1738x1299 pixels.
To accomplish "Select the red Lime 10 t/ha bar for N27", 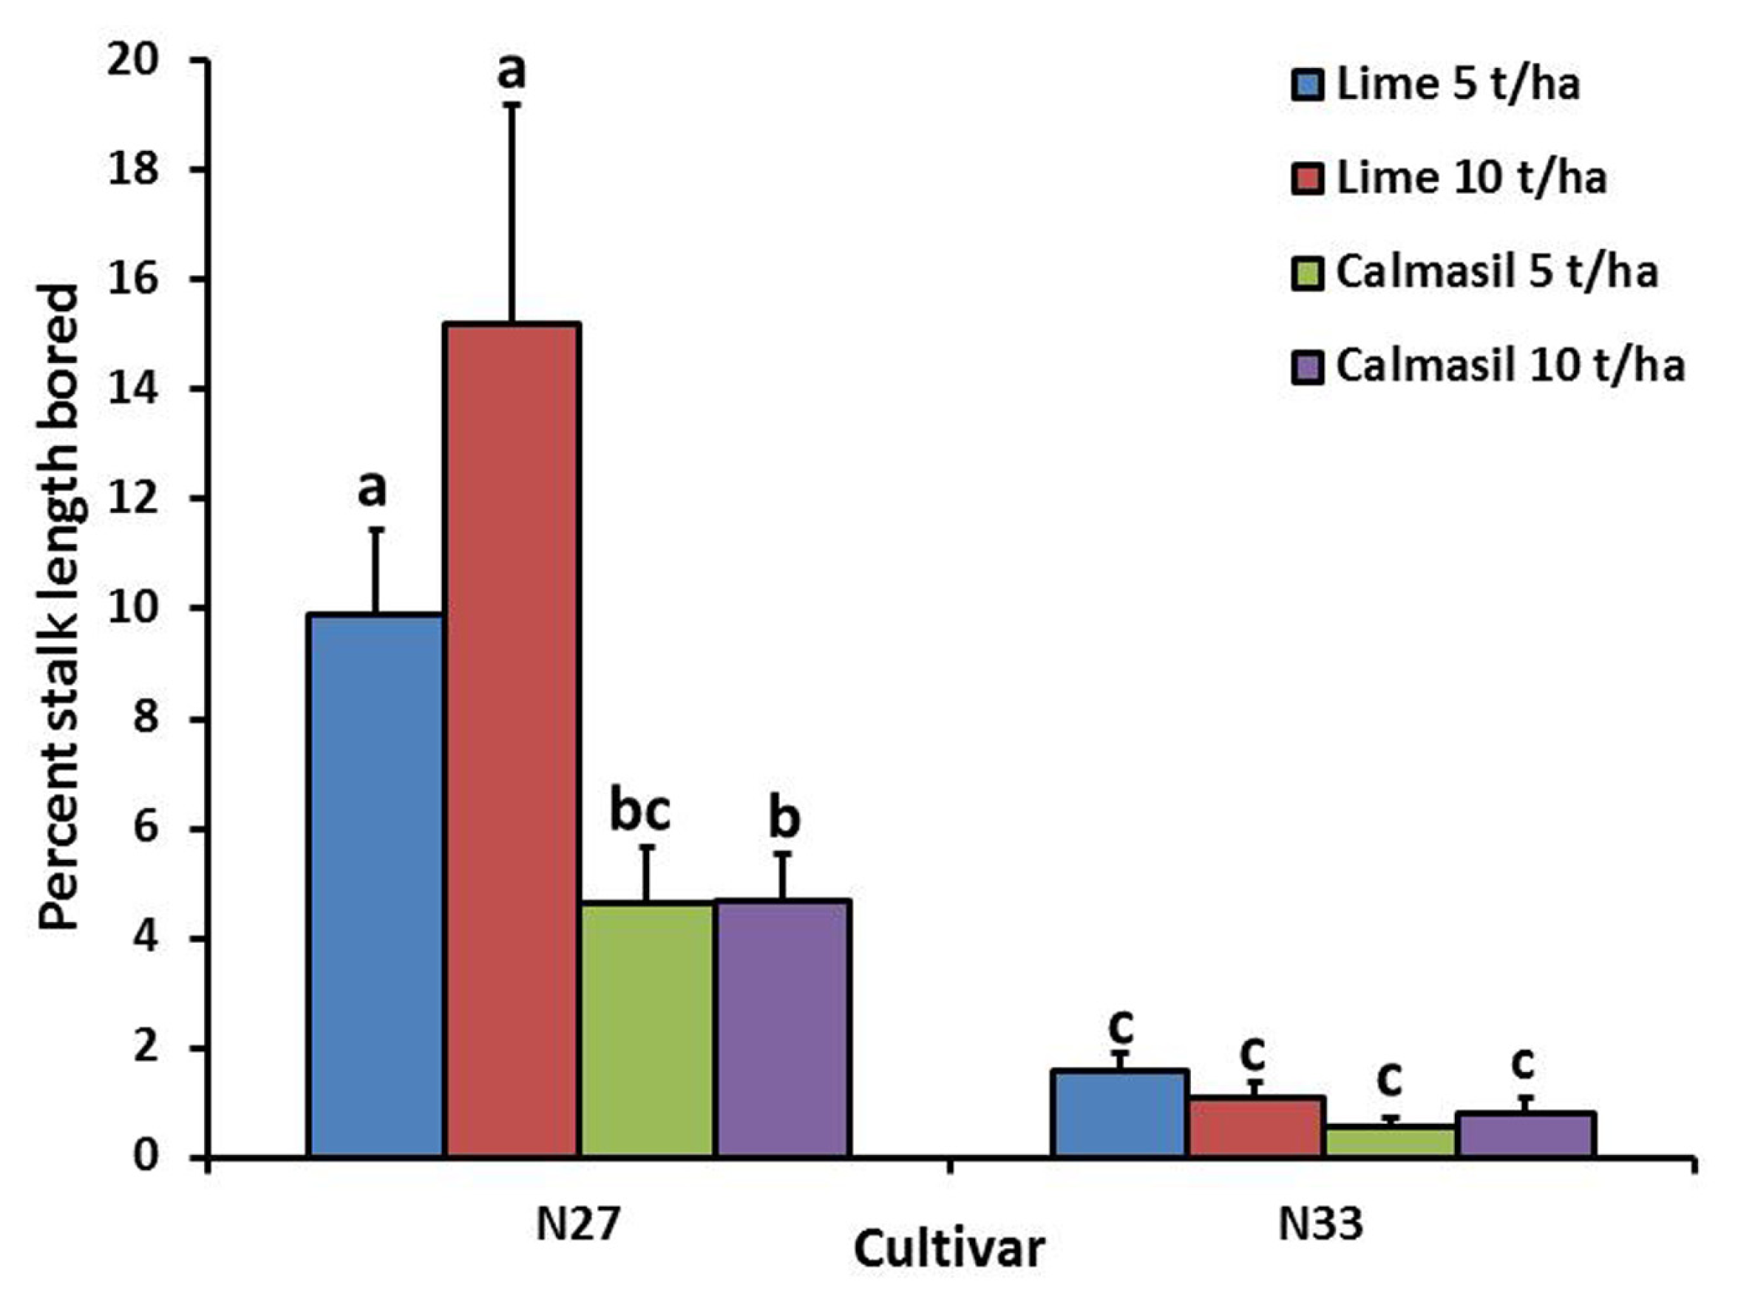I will tap(512, 739).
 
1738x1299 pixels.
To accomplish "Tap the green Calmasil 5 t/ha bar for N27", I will tap(647, 1029).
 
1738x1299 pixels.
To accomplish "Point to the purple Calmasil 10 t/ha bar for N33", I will tap(1525, 1135).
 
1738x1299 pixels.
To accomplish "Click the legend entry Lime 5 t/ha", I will tap(1435, 84).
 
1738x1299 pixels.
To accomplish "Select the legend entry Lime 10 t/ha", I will tap(1448, 178).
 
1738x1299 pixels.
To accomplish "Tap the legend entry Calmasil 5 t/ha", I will tap(1474, 273).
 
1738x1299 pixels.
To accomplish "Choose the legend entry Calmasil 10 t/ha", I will tap(1487, 366).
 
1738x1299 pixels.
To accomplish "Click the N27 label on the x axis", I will tap(577, 1224).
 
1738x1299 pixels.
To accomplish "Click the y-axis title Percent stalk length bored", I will tap(59, 609).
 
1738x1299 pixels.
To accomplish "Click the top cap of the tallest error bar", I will tap(512, 104).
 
